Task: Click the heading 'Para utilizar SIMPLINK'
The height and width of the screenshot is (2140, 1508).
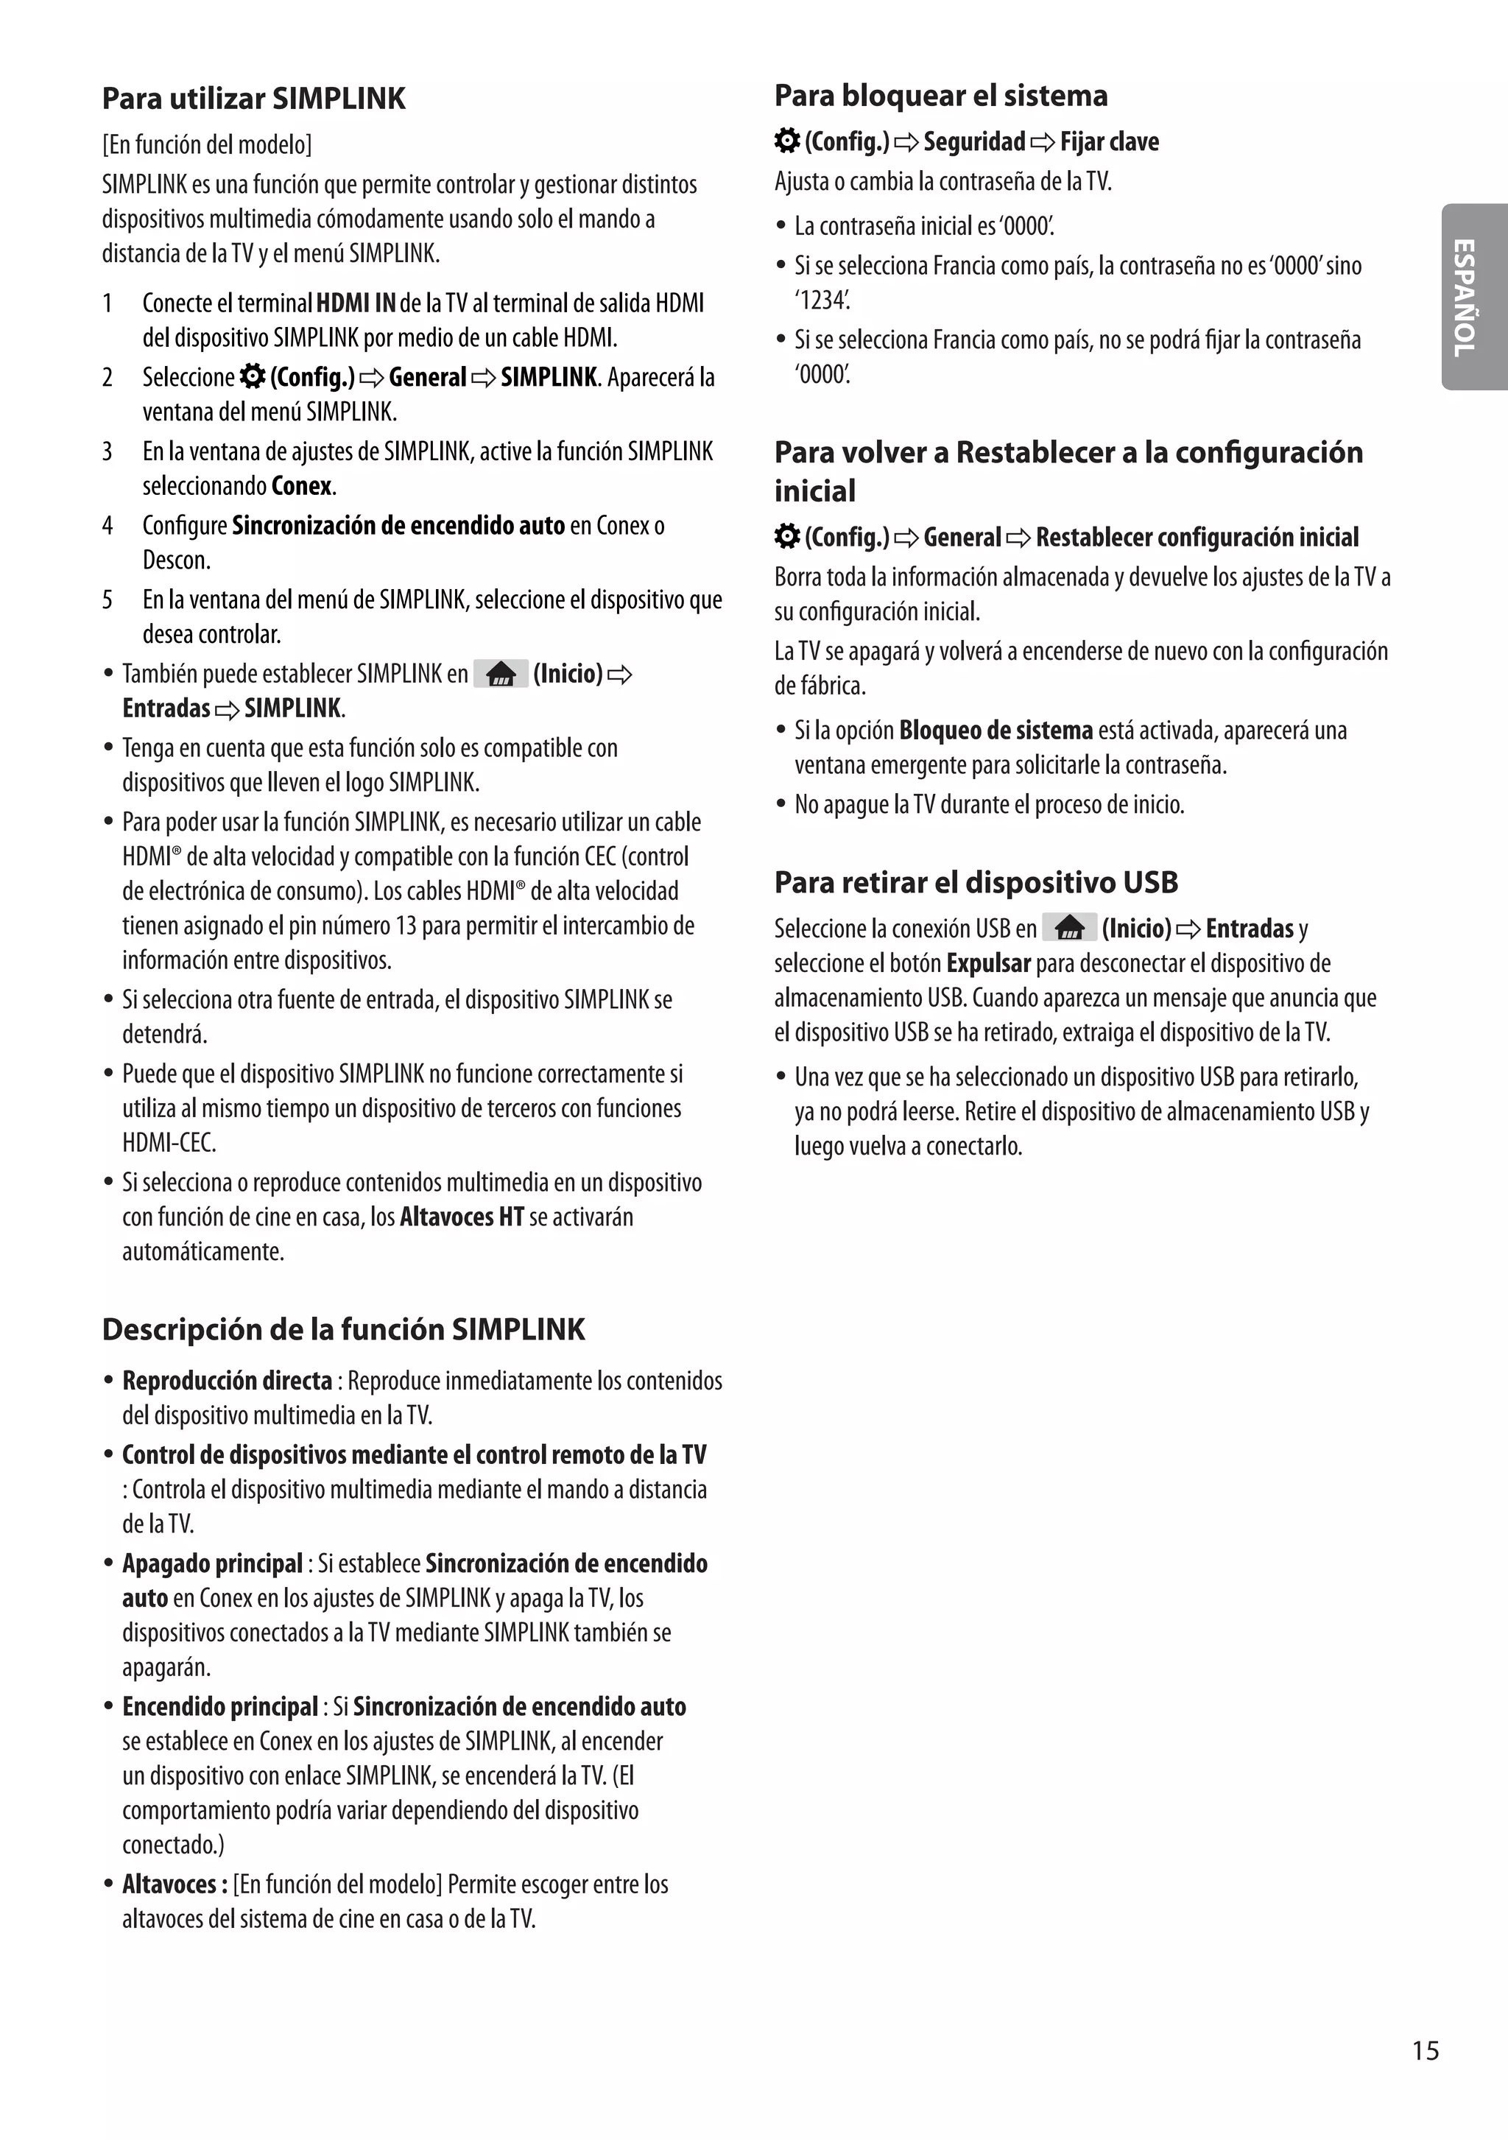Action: click(x=253, y=99)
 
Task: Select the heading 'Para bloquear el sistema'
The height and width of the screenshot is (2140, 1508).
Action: click(x=940, y=96)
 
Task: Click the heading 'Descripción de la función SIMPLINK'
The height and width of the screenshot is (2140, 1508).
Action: click(x=343, y=1329)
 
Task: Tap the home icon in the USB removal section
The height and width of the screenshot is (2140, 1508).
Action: click(x=1069, y=929)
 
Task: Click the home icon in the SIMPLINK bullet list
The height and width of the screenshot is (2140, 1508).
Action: click(x=501, y=674)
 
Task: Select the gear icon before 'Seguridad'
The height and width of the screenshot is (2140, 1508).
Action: click(x=788, y=141)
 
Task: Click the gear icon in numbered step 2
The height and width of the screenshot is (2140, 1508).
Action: click(x=252, y=376)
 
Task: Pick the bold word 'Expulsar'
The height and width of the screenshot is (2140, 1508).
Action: click(x=988, y=962)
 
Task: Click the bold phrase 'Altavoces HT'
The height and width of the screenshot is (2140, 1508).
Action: click(x=462, y=1217)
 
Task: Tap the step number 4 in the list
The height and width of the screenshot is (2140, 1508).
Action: click(x=108, y=526)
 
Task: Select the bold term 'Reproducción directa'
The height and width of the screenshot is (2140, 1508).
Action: click(x=228, y=1380)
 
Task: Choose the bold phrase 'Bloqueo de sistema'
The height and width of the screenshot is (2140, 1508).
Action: click(x=996, y=730)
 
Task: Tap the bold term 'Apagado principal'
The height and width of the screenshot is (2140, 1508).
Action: click(x=213, y=1563)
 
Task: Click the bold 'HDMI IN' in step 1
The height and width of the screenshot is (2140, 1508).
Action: click(x=356, y=303)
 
